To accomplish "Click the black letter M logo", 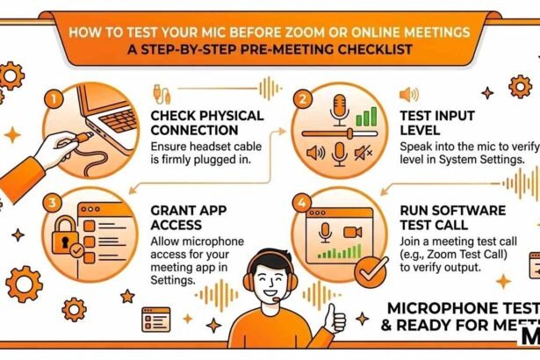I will [x=529, y=344].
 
